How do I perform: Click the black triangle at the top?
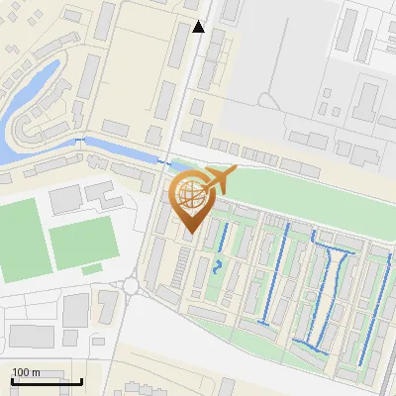pyautogui.click(x=199, y=27)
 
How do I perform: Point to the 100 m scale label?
pyautogui.click(x=26, y=372)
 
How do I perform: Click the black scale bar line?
pyautogui.click(x=46, y=381)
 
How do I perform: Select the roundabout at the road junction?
pyautogui.click(x=132, y=287)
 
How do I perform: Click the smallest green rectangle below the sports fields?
pyautogui.click(x=92, y=268)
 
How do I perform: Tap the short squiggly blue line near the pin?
pyautogui.click(x=218, y=265)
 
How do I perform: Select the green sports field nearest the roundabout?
pyautogui.click(x=83, y=242)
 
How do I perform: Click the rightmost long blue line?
pyautogui.click(x=372, y=307)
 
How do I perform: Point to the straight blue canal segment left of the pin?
pyautogui.click(x=119, y=148)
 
